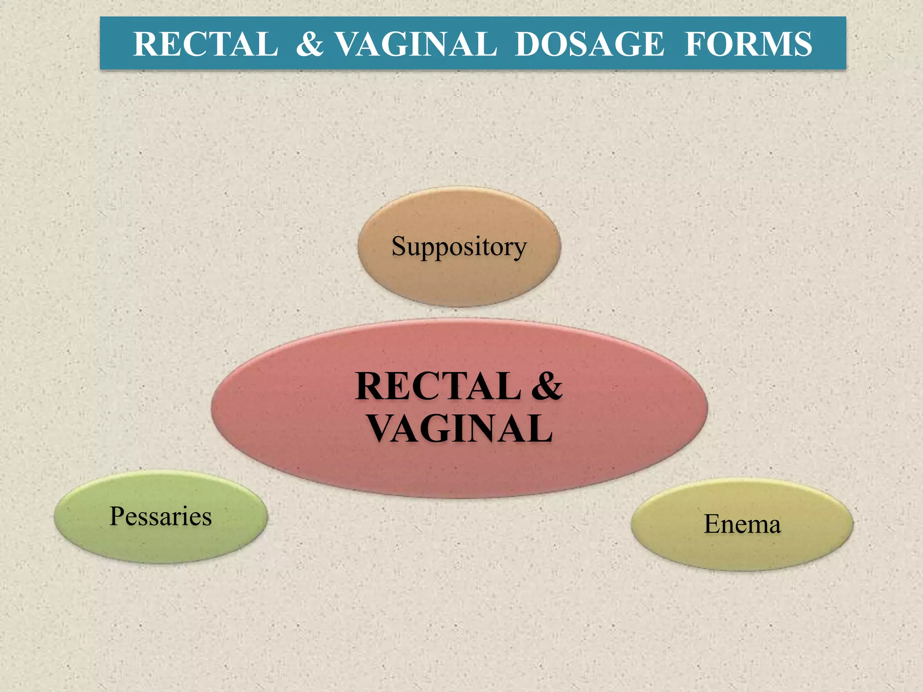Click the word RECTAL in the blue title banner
coord(206,44)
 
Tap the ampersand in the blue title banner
coord(310,44)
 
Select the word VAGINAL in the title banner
coord(417,44)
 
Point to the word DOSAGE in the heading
coord(589,44)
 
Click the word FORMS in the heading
coord(749,44)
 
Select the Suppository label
coord(459,247)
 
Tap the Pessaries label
coord(160,516)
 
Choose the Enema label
coord(742,524)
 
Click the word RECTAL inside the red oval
coord(438,387)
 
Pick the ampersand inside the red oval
coord(547,387)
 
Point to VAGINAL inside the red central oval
coord(460,428)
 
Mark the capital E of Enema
coord(712,524)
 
